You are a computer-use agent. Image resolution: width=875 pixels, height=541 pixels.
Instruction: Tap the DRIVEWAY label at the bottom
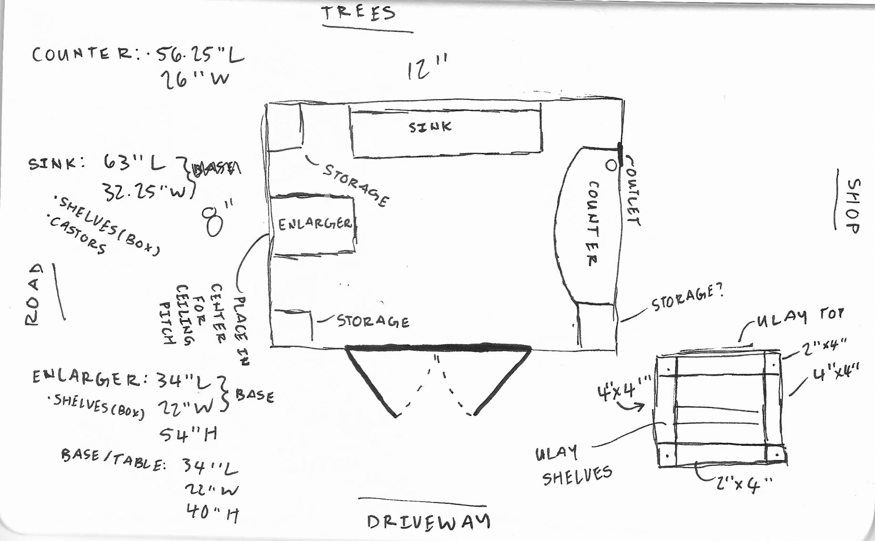click(x=428, y=521)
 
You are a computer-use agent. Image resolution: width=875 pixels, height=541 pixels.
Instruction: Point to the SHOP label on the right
click(x=853, y=206)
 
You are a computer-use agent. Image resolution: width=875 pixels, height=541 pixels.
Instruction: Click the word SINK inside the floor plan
click(x=430, y=127)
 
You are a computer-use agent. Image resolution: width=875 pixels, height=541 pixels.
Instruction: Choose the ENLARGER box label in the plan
click(x=315, y=224)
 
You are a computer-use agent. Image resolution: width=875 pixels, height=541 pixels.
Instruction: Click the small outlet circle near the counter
click(x=611, y=165)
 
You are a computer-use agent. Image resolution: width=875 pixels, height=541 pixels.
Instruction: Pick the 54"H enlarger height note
click(x=188, y=434)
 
